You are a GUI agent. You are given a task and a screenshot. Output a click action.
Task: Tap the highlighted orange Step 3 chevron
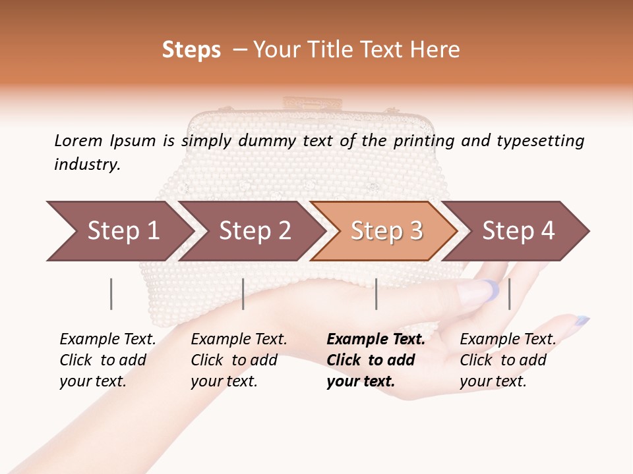coord(385,231)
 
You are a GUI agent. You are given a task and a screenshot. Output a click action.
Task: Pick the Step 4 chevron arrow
coord(517,231)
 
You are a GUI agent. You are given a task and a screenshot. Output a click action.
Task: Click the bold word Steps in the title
coord(191,50)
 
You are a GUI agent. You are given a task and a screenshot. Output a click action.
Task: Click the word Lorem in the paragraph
coord(78,140)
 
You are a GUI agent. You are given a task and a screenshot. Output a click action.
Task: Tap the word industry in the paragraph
coord(87,164)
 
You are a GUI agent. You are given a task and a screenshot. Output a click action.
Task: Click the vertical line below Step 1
coord(111,294)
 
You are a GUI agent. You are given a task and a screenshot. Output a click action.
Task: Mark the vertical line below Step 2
coord(243,294)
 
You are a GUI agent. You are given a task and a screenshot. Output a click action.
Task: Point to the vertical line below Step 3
coord(377,294)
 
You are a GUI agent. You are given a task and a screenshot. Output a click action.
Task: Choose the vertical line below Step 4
coord(509,294)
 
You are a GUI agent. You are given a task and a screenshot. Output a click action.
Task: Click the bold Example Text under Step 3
coord(376,340)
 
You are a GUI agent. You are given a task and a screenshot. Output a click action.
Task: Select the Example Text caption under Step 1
coord(107,340)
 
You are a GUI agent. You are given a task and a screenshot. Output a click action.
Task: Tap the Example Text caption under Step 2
coord(239,340)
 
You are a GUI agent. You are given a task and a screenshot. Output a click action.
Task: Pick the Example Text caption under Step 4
coord(508,340)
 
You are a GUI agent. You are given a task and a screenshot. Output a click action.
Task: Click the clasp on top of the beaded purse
coord(301,104)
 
